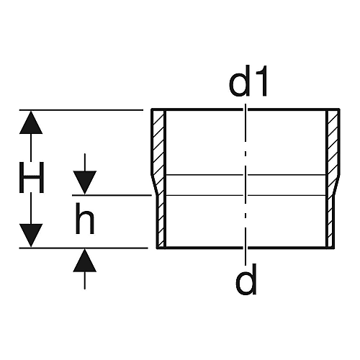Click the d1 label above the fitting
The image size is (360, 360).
point(248,81)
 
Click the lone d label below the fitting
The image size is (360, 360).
point(246,279)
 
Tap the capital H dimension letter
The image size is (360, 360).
point(32,177)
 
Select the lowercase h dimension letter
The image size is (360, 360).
point(84,218)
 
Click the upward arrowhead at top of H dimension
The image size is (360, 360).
point(31,122)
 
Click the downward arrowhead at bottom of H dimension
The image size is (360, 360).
point(31,235)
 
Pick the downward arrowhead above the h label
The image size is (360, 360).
point(85,182)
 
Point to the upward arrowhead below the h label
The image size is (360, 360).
point(85,261)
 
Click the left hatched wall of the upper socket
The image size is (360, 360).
point(158,143)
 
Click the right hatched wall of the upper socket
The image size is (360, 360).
point(333,143)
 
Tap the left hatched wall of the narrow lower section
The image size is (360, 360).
point(161,222)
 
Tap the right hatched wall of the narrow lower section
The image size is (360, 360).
point(330,222)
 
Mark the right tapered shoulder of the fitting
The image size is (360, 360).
point(334,185)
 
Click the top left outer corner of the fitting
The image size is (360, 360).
point(151,109)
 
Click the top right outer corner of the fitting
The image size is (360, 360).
point(340,109)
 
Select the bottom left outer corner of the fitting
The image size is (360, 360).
point(157,248)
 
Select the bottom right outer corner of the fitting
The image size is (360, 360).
point(335,248)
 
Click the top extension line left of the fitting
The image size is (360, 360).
point(81,110)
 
